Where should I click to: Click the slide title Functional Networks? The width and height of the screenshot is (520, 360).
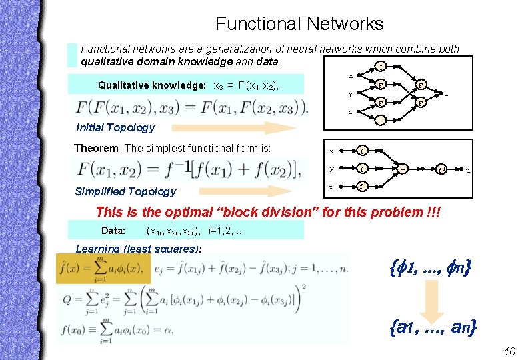point(299,25)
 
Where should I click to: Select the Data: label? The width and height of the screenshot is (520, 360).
point(113,231)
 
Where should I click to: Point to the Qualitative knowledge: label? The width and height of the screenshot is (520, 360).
point(151,85)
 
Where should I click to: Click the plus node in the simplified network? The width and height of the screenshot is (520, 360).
point(403,169)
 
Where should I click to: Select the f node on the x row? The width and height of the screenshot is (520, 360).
point(361,151)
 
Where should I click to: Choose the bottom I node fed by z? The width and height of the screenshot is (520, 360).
point(379,121)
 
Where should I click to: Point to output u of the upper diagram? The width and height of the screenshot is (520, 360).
point(446,93)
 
